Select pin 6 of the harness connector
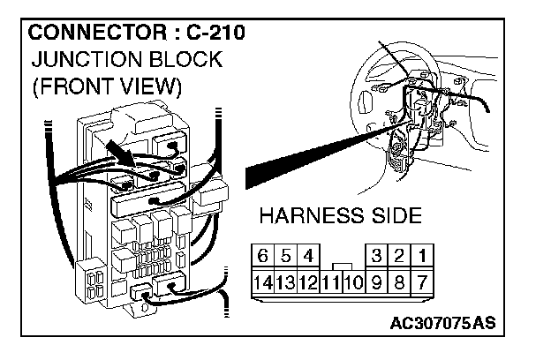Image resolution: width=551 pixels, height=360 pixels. [262, 256]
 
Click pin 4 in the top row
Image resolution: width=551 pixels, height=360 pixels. [306, 256]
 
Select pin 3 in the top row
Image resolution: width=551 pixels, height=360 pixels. [377, 256]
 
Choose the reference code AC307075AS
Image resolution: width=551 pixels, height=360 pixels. [442, 323]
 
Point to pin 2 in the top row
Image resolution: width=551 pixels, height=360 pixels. [401, 256]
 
